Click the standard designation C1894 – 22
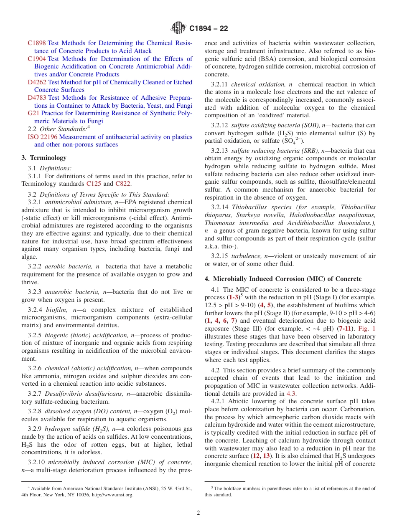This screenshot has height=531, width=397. [209, 29]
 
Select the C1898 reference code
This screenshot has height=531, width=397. [37, 43]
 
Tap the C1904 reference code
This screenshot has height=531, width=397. [37, 59]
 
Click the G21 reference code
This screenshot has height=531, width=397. [33, 113]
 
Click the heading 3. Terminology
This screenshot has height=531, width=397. [44, 158]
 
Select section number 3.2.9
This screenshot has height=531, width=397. [35, 429]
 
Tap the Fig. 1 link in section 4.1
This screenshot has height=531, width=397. [367, 329]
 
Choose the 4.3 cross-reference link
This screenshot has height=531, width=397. [291, 393]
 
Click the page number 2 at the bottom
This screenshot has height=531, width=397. [198, 513]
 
